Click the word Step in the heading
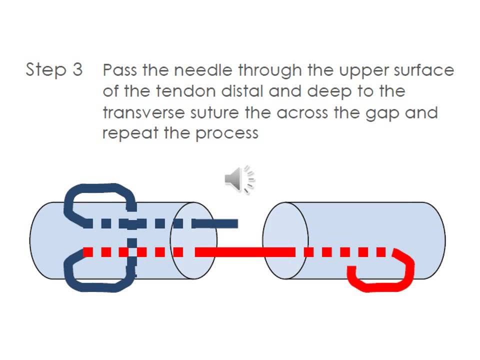pos(46,70)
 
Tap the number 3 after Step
pos(78,69)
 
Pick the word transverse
pos(143,112)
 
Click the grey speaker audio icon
pos(240,179)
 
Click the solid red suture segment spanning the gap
pos(245,252)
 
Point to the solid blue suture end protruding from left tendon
pos(215,224)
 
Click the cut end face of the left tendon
pos(193,240)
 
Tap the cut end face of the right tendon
pos(285,240)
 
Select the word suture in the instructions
pos(214,112)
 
